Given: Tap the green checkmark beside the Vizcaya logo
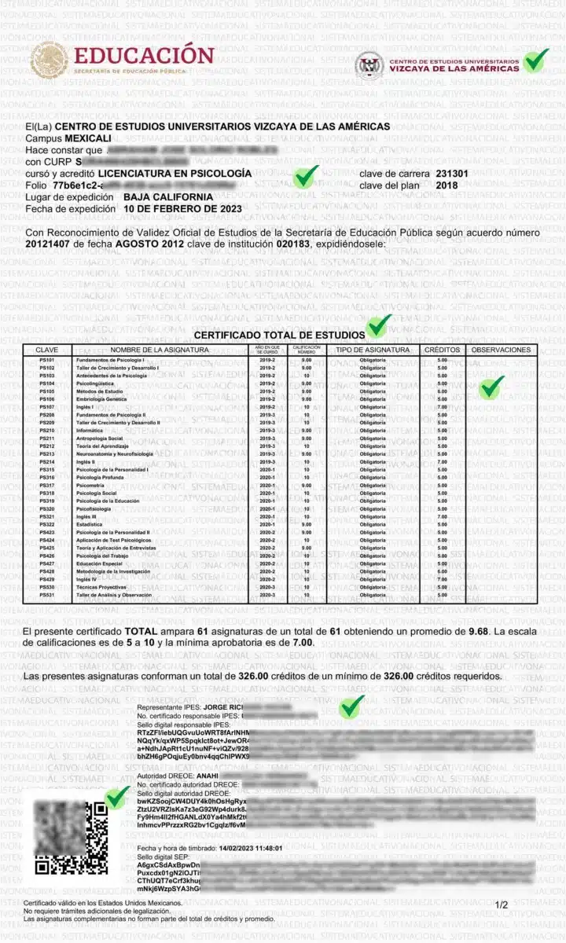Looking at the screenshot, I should point(536,61).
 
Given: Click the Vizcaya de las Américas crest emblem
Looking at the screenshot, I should point(369,65).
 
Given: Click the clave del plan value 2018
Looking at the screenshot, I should point(447,185).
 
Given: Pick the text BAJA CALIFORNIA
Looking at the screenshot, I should point(168,196).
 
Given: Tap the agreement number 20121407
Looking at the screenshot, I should point(52,244).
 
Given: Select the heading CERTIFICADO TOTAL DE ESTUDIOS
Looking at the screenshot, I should point(280,335).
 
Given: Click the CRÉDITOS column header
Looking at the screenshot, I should point(443,350).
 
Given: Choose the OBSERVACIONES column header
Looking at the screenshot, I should point(501,350).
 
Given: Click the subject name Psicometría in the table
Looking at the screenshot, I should point(91,485).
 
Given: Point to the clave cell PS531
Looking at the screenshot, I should point(47,595).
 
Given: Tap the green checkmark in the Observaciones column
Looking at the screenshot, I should point(492,386).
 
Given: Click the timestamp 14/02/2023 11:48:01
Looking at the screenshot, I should point(238,848).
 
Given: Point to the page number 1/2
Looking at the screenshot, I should point(502,904).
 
